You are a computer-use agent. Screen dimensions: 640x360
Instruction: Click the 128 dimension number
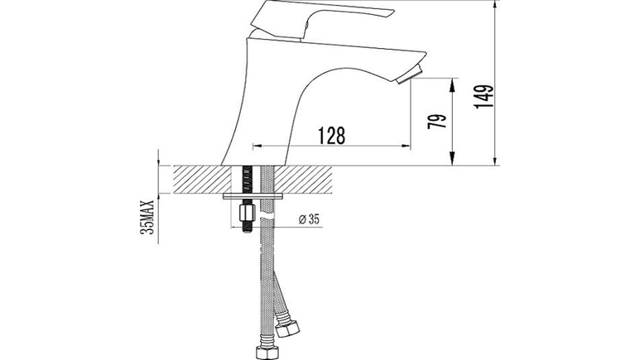pyautogui.click(x=331, y=135)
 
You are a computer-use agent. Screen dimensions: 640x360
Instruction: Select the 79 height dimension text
pyautogui.click(x=437, y=122)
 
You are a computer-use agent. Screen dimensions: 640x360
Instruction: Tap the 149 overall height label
pyautogui.click(x=484, y=97)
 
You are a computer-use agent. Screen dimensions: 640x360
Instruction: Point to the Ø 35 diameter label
pyautogui.click(x=309, y=219)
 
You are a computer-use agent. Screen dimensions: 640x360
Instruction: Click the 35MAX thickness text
pyautogui.click(x=147, y=217)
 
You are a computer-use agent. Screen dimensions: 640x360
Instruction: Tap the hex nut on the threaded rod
pyautogui.click(x=247, y=213)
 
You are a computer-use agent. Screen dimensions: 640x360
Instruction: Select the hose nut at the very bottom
pyautogui.click(x=267, y=353)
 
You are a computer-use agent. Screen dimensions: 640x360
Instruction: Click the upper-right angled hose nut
pyautogui.click(x=287, y=329)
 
